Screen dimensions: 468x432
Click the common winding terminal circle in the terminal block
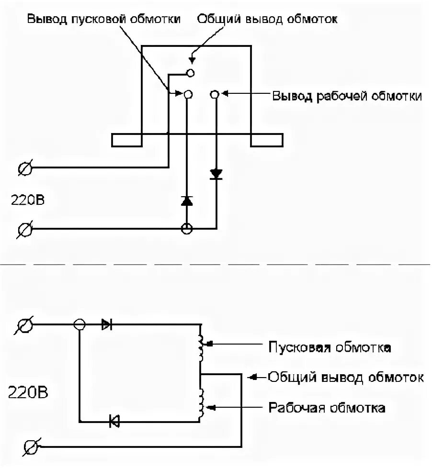click(x=191, y=73)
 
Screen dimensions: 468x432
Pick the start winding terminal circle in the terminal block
click(x=188, y=95)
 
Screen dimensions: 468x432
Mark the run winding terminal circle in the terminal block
click(x=215, y=95)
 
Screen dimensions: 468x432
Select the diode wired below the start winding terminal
click(x=187, y=201)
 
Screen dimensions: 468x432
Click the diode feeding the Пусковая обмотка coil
click(x=107, y=325)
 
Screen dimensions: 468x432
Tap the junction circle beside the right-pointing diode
click(x=80, y=325)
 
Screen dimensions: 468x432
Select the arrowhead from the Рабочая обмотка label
click(x=209, y=408)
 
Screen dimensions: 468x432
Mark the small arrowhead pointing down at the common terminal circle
click(x=192, y=60)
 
